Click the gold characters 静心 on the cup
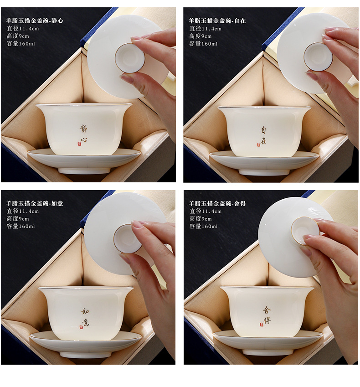84,134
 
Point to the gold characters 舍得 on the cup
267,315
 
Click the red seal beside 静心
79,144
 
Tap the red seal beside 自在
258,144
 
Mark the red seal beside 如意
81,327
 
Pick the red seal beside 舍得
262,324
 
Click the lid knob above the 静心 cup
130,58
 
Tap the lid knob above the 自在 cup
318,57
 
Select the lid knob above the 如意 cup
128,238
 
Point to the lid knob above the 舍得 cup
305,231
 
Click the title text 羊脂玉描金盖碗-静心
35,21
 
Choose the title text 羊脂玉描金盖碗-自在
217,21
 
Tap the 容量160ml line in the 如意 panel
21,226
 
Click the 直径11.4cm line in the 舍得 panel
206,211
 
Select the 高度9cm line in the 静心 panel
18,36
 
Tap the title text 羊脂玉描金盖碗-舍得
217,203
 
